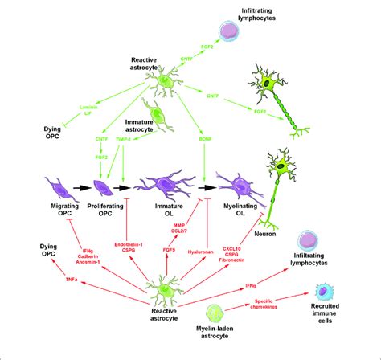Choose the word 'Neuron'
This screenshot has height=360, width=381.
(272, 233)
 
